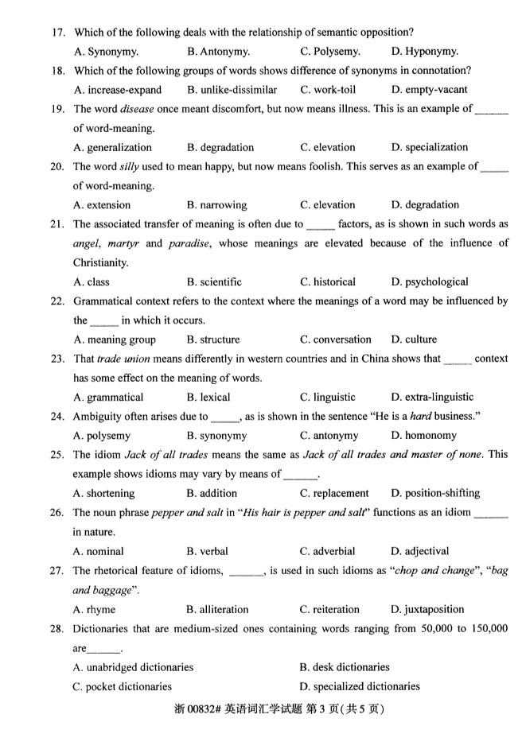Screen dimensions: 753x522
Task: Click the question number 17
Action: click(x=57, y=32)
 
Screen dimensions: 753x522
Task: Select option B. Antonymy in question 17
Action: click(x=218, y=52)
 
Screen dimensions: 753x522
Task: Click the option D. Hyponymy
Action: click(x=424, y=52)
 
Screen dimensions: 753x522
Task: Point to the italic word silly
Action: click(x=132, y=166)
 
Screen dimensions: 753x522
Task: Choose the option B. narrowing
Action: click(x=216, y=204)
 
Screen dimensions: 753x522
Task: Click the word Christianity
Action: click(x=102, y=262)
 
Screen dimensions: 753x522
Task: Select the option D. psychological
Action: click(x=430, y=281)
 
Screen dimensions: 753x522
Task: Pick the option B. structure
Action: click(x=212, y=339)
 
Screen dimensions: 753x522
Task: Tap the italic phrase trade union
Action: click(x=123, y=359)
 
